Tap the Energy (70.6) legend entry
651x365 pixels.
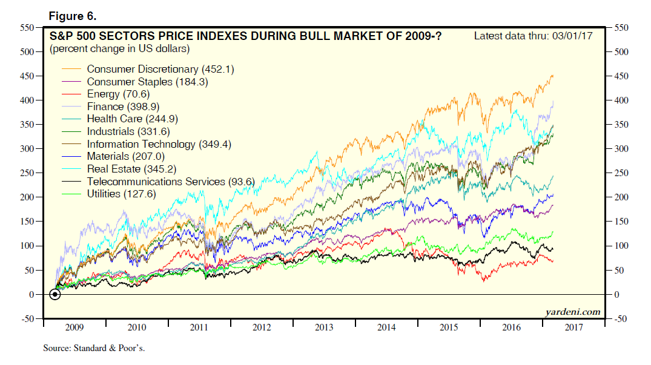pos(117,94)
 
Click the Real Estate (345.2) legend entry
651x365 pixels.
pos(131,169)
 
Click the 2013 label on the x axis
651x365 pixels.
pos(324,327)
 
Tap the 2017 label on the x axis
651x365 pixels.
pos(574,327)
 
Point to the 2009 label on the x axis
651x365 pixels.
pos(74,327)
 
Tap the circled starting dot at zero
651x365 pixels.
pos(55,295)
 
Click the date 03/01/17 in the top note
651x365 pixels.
pos(573,36)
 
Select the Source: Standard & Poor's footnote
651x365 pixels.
pos(94,349)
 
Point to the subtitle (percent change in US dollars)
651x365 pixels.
pos(120,48)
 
